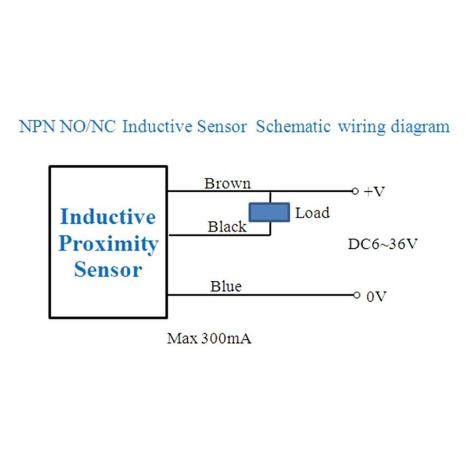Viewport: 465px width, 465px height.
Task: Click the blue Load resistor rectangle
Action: [269, 212]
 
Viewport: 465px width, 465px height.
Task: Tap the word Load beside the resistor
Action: [312, 213]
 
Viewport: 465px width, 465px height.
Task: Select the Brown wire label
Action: [227, 184]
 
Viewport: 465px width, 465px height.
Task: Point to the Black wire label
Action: [227, 227]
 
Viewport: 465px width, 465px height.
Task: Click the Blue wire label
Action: [226, 287]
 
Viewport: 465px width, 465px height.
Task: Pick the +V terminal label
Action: [374, 192]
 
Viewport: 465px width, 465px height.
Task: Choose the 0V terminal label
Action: [375, 296]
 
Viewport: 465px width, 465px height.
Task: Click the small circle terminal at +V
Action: [356, 191]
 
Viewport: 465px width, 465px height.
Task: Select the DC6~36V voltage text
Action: [382, 244]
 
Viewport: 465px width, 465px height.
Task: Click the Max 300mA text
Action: [209, 338]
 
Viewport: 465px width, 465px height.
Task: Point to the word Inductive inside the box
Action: [108, 217]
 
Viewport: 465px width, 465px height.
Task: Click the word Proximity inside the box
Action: [108, 244]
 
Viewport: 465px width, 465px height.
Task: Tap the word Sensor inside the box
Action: [108, 270]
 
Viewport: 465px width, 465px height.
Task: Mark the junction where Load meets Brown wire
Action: [269, 191]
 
